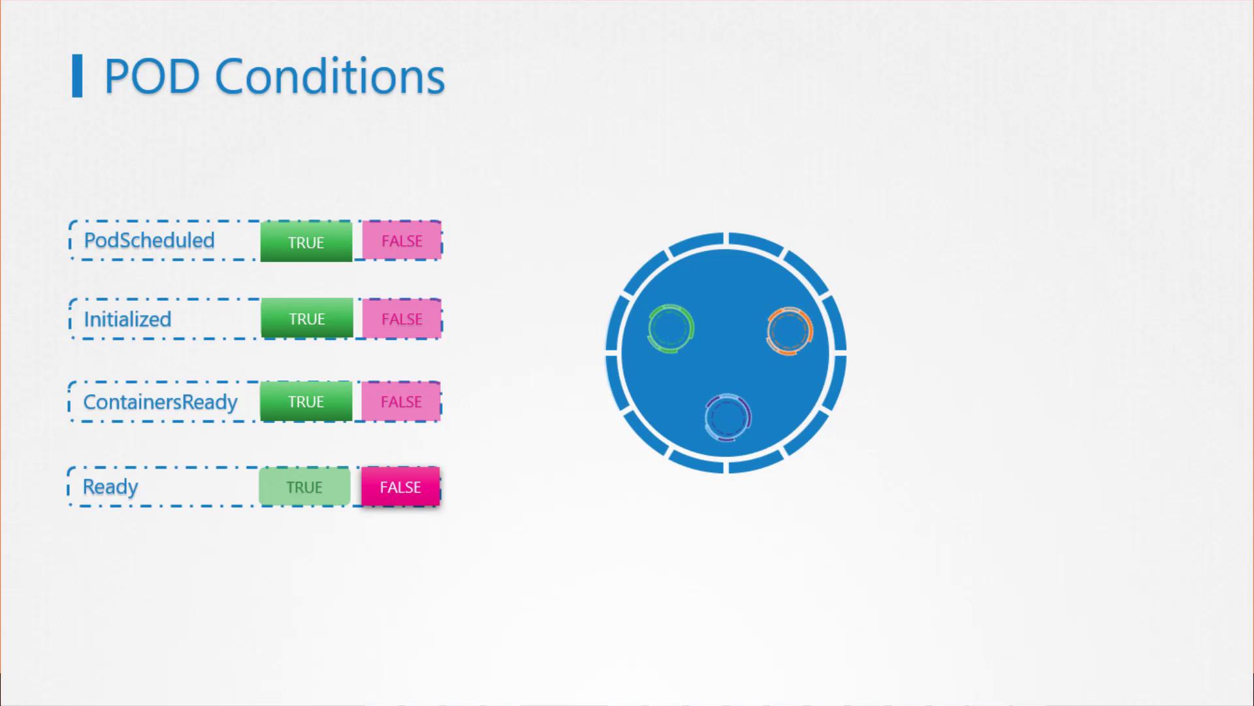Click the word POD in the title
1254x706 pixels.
pyautogui.click(x=152, y=76)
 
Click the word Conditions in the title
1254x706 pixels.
pyautogui.click(x=330, y=76)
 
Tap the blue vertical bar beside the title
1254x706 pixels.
pyautogui.click(x=77, y=76)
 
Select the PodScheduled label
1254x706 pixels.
pyautogui.click(x=149, y=241)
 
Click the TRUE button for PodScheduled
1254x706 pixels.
pyautogui.click(x=306, y=242)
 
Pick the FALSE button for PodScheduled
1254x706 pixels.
pyautogui.click(x=402, y=241)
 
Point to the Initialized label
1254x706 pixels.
pyautogui.click(x=127, y=319)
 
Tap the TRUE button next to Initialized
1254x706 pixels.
pyautogui.click(x=307, y=318)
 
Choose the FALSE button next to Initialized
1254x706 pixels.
pyautogui.click(x=402, y=319)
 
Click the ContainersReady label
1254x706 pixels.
pyautogui.click(x=160, y=402)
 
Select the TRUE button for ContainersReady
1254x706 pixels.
pyautogui.click(x=306, y=401)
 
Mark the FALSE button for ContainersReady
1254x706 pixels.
pyautogui.click(x=401, y=401)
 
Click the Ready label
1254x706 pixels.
pyautogui.click(x=110, y=487)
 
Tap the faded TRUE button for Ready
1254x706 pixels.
pyautogui.click(x=304, y=487)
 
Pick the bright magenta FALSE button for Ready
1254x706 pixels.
pyautogui.click(x=400, y=487)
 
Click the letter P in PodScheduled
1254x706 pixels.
pyautogui.click(x=90, y=241)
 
